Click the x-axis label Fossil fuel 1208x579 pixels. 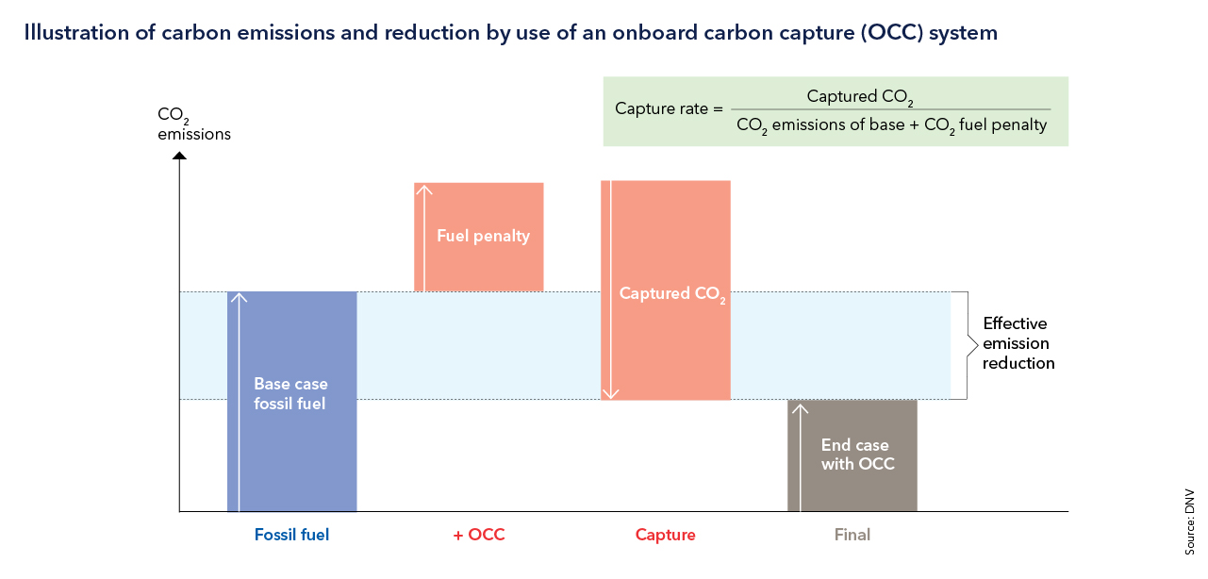291,535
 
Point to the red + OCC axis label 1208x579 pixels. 479,535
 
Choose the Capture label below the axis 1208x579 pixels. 666,535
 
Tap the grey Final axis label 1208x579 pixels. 852,535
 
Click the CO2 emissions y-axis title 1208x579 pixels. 193,124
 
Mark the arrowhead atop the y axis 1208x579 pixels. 179,154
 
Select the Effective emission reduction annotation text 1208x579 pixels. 1018,343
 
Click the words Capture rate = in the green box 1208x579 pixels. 668,108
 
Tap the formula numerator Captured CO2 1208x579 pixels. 860,96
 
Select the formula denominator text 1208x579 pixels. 891,124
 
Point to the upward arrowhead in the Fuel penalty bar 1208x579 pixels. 424,190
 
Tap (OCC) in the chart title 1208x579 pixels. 894,33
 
